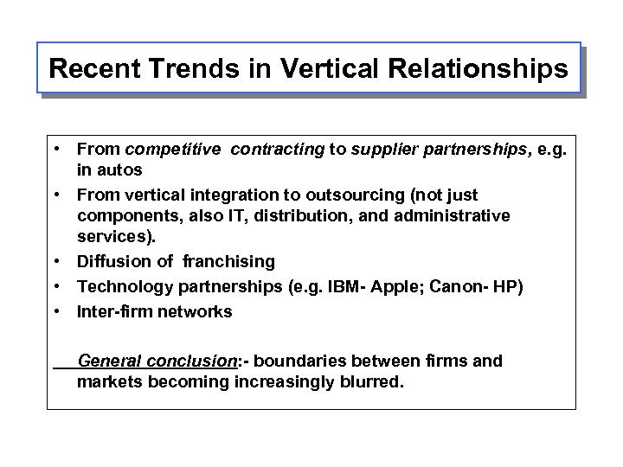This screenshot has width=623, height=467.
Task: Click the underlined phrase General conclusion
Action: coord(157,360)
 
